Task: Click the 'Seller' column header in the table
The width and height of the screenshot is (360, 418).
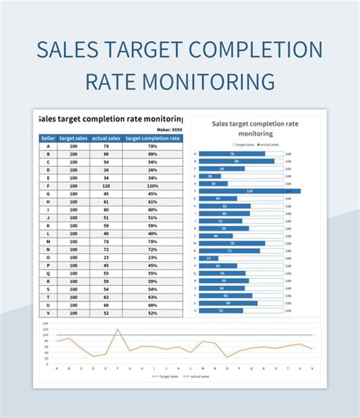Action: (x=48, y=138)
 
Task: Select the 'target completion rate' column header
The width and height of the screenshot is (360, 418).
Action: (x=153, y=138)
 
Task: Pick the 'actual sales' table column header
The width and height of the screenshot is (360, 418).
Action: (x=106, y=138)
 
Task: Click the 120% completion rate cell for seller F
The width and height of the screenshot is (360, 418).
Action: (x=153, y=185)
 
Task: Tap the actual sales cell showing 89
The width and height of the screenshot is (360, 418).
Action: (x=106, y=154)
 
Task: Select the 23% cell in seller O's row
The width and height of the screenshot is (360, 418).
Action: (x=153, y=258)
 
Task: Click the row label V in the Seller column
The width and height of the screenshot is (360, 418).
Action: (x=48, y=313)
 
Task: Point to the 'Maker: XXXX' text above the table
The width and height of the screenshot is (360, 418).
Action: (x=169, y=129)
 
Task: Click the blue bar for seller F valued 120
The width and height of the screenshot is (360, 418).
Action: (x=250, y=190)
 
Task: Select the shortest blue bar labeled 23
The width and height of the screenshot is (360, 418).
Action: (x=207, y=258)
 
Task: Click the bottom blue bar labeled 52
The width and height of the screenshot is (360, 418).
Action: (x=220, y=310)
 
